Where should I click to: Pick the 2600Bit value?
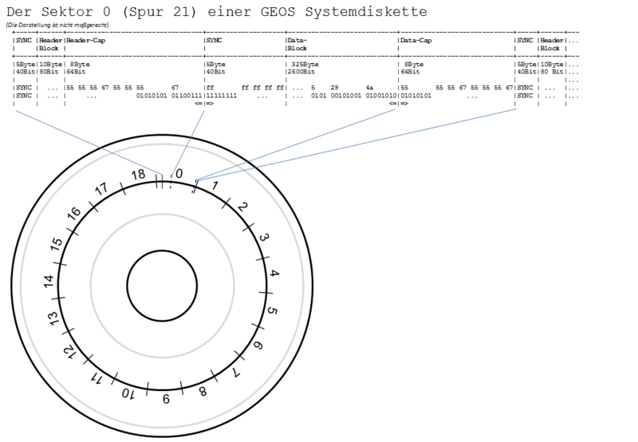click(x=307, y=70)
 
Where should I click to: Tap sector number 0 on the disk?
click(x=179, y=173)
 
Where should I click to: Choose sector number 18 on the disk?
click(x=139, y=175)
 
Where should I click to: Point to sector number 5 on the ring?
click(x=272, y=310)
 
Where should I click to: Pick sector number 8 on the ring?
click(x=203, y=391)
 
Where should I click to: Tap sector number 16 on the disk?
click(x=74, y=214)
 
